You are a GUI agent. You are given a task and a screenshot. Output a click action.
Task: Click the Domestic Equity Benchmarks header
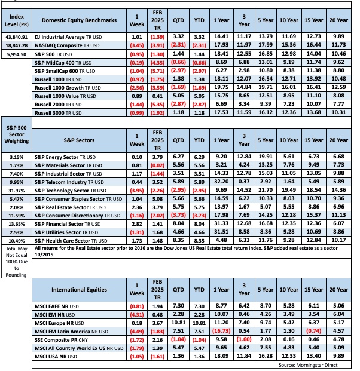[78, 20]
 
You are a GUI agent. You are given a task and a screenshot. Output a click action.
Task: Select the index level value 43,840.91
[17, 36]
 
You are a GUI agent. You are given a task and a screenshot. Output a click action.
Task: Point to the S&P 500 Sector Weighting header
[17, 139]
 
